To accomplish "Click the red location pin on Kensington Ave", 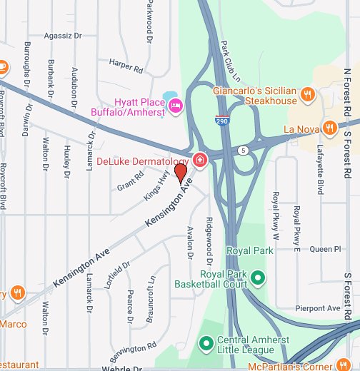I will click(x=181, y=173).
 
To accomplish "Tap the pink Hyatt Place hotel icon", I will click(x=176, y=107).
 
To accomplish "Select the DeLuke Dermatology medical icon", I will click(x=201, y=159).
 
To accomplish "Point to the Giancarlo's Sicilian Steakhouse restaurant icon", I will click(x=307, y=93).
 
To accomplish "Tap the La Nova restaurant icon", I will click(x=329, y=128).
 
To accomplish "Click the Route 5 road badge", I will click(x=244, y=151).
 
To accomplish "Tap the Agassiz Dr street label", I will click(x=63, y=34).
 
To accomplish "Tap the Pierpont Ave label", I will click(x=318, y=308).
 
